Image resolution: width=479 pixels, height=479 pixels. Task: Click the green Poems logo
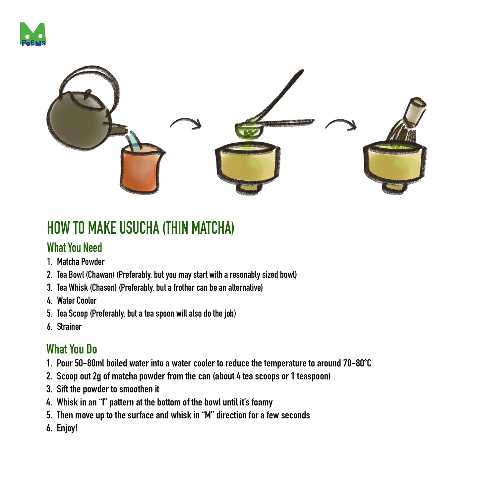coord(33,34)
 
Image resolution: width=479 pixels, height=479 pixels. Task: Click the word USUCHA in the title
coord(139,228)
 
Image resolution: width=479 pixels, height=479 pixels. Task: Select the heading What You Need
coord(74,248)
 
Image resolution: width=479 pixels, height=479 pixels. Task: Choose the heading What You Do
coord(72,349)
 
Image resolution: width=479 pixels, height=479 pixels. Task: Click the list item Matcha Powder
coord(81,262)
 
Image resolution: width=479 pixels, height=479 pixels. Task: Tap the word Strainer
coord(69,327)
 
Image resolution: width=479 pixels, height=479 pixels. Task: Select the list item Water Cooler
coord(77,301)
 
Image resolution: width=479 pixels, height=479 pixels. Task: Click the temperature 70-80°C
coord(357,363)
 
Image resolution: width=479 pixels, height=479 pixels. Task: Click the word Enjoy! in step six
coord(67,428)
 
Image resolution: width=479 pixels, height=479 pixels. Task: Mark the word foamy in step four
coord(262,402)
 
